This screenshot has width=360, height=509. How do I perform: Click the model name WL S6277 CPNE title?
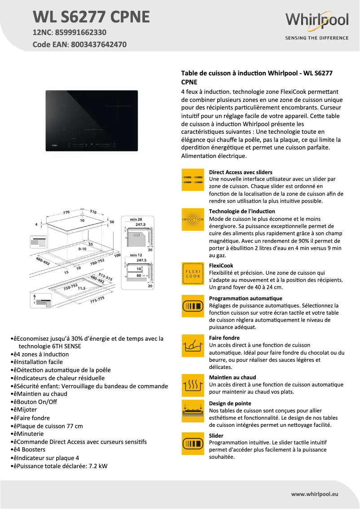pyautogui.click(x=91, y=17)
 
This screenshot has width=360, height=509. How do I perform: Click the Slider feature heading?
pyautogui.click(x=216, y=435)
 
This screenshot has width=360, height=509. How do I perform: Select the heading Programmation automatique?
pyautogui.click(x=246, y=298)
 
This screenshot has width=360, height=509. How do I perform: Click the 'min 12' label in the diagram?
pyautogui.click(x=136, y=255)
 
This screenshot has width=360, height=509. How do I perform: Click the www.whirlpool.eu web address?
pyautogui.click(x=314, y=494)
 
